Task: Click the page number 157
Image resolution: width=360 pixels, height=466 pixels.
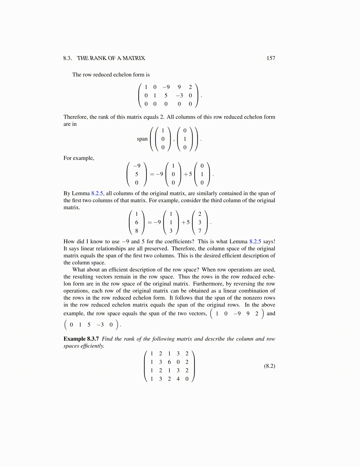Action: [x=271, y=58]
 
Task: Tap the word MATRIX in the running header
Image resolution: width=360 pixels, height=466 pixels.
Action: [x=134, y=58]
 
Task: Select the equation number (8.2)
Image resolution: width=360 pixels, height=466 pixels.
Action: [x=269, y=366]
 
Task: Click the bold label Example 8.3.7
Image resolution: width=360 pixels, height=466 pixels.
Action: [x=81, y=339]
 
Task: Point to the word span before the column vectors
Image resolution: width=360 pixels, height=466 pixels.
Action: [x=142, y=139]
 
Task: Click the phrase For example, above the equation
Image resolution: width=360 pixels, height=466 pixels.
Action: [x=79, y=158]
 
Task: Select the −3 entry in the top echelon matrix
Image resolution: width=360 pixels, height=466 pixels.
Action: [x=179, y=95]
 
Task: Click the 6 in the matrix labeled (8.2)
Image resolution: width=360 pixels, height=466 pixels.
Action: [x=169, y=362]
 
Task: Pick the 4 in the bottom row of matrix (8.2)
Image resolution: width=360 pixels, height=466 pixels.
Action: [x=178, y=379]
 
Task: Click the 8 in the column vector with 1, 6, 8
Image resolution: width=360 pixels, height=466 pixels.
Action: [x=136, y=231]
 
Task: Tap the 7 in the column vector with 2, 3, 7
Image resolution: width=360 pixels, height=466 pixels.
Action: [x=200, y=231]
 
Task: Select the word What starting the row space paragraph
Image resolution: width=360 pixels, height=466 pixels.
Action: [x=79, y=270]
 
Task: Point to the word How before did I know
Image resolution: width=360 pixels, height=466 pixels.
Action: [x=69, y=242]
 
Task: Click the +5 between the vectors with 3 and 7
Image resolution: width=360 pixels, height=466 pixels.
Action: [x=186, y=222]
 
